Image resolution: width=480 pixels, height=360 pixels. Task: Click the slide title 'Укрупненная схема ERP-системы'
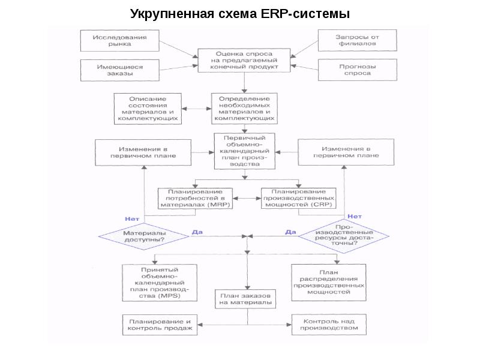(x=240, y=14)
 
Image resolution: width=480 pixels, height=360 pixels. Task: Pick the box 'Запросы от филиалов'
(x=356, y=40)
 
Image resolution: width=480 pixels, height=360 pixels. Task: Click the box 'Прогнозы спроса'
(x=356, y=70)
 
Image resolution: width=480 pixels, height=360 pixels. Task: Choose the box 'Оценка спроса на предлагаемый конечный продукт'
(x=245, y=61)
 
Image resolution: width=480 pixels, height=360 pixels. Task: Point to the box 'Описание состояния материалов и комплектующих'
(x=148, y=109)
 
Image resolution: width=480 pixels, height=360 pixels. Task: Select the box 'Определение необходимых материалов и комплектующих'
(x=244, y=109)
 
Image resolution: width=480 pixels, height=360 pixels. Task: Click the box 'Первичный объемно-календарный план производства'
(x=244, y=151)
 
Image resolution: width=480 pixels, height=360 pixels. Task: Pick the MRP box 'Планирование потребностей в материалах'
(x=195, y=198)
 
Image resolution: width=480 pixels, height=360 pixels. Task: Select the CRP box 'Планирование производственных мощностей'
(x=298, y=198)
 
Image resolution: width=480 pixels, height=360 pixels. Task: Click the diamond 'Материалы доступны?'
(x=145, y=235)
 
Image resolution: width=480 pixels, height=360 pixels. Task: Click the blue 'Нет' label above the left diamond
(x=132, y=218)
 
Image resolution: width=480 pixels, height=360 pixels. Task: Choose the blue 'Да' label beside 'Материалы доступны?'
(x=196, y=231)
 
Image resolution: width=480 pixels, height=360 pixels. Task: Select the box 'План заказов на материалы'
(x=244, y=299)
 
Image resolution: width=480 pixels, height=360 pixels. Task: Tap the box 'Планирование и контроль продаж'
(x=160, y=325)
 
